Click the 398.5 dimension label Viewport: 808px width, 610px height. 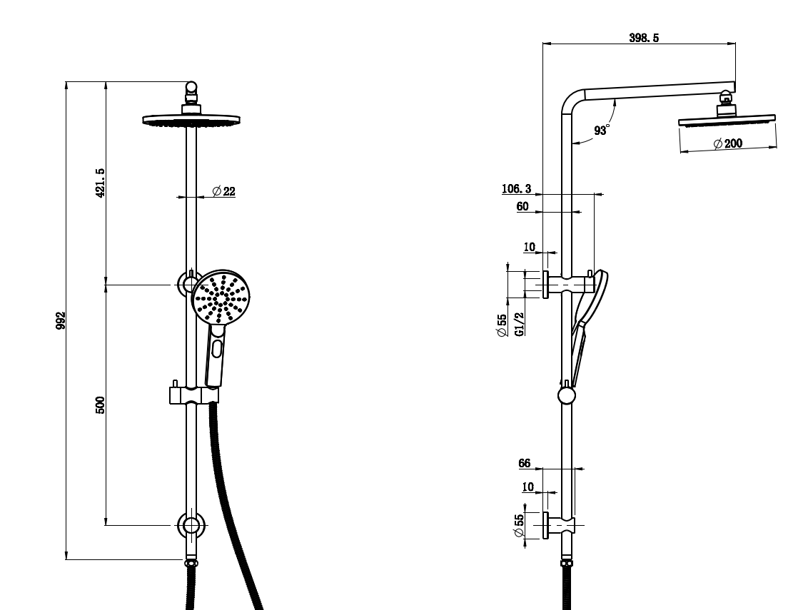[x=643, y=39]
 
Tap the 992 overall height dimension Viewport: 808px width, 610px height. [x=62, y=321]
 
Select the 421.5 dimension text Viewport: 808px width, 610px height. [x=101, y=183]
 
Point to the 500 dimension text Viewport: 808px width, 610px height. [x=101, y=405]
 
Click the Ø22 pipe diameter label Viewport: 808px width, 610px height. [x=223, y=191]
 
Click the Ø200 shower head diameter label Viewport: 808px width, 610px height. [x=728, y=143]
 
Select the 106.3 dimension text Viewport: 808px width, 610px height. [x=516, y=189]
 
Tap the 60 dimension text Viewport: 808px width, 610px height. [x=522, y=207]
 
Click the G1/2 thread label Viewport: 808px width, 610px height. [x=520, y=323]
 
